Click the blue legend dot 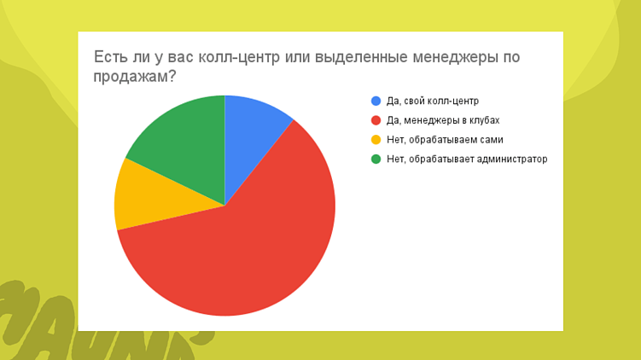[376, 101]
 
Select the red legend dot [376, 120]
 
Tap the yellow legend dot [376, 139]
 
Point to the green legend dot [376, 159]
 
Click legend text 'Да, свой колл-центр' [433, 101]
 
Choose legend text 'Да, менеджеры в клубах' [442, 120]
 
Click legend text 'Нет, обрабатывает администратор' [466, 159]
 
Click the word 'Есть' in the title [110, 57]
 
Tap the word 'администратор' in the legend [510, 159]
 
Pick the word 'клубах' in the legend [484, 120]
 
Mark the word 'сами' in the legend [491, 139]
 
